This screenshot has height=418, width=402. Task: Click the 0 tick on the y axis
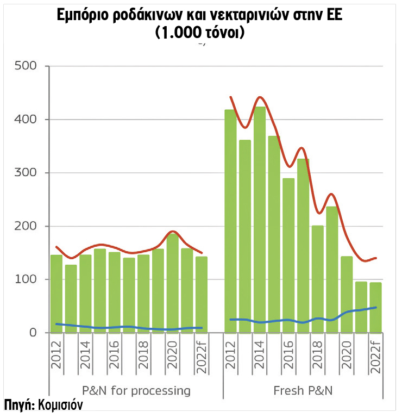tap(33, 333)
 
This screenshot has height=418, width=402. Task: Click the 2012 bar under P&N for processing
tap(56, 294)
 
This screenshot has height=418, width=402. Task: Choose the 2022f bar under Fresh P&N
tap(376, 308)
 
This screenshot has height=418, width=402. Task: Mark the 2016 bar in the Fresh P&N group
tap(288, 255)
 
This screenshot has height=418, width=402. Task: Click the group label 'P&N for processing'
tap(136, 390)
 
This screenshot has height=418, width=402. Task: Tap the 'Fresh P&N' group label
tap(303, 390)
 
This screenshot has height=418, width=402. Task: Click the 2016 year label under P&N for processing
tap(115, 356)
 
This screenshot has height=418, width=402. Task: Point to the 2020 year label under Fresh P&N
tap(347, 356)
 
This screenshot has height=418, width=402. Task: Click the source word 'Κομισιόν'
tap(60, 405)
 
